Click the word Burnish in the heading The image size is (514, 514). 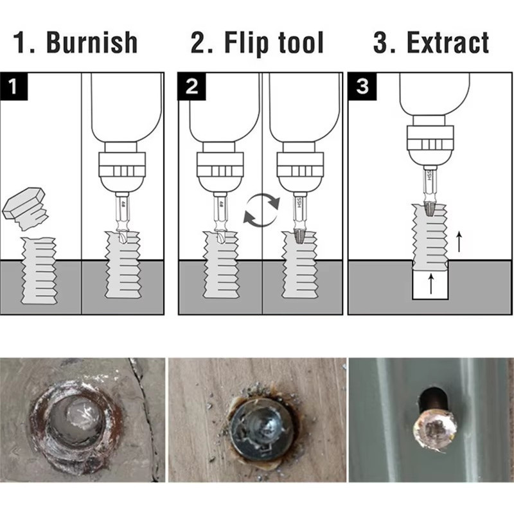(x=92, y=42)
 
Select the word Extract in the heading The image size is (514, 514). (x=448, y=42)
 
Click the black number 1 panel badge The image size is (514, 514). (x=13, y=86)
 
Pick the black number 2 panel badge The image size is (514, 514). (x=191, y=86)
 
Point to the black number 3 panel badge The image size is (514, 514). (x=362, y=86)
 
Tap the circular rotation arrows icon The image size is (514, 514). (x=261, y=210)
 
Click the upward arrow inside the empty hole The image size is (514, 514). (x=430, y=284)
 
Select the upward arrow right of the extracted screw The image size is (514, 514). (x=459, y=242)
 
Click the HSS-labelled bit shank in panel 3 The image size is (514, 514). (x=430, y=184)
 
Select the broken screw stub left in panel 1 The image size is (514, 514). (x=39, y=270)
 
